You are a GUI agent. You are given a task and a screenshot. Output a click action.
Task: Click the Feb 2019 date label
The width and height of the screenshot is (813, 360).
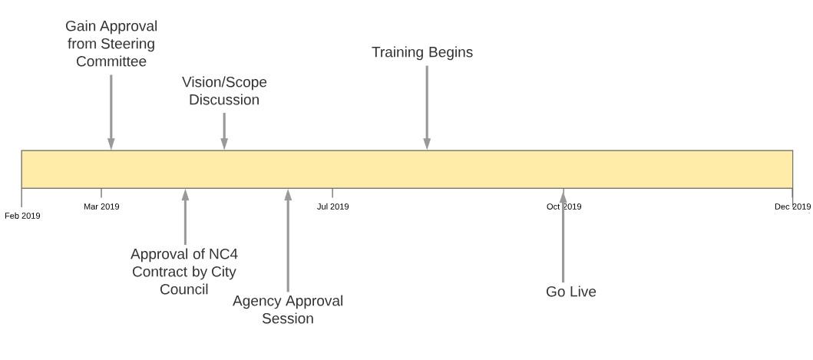coord(22,216)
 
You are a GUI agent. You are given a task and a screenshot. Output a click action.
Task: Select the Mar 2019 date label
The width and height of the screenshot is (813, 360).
coord(101,206)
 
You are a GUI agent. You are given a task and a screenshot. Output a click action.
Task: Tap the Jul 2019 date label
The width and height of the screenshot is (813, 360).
coord(333,206)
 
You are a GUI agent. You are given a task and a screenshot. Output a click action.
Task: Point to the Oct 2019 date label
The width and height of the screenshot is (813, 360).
coord(563,206)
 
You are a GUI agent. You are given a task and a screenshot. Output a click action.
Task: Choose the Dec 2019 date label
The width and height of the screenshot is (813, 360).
coord(793,206)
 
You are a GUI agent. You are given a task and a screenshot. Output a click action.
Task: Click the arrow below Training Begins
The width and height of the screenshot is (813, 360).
coord(427,107)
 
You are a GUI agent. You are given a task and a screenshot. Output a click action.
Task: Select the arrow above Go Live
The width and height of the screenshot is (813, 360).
coord(563,236)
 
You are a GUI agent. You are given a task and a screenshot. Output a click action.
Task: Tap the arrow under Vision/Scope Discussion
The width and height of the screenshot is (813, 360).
coord(224,131)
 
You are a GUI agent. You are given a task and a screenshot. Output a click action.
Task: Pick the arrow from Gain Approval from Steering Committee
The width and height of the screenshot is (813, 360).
coord(111,112)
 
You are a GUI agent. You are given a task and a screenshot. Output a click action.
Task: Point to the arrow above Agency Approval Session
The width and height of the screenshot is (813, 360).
coord(289,241)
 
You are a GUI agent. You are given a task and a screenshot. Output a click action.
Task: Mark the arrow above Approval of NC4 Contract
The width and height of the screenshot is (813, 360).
coord(185,216)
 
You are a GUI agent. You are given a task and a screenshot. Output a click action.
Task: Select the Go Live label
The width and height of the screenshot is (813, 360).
coord(571,292)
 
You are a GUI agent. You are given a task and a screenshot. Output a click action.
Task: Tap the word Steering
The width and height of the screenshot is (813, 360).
coord(131,44)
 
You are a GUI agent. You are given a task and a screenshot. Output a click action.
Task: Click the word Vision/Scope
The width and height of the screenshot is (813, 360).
coord(224,82)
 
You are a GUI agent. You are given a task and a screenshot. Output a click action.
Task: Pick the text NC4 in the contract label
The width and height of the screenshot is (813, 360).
coord(223,254)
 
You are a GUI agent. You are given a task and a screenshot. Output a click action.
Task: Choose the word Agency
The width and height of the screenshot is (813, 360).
coord(257,302)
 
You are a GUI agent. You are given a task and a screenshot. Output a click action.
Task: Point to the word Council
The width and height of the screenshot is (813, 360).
coord(184,289)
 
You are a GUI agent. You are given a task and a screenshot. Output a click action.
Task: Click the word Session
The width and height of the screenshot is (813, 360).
coord(288,318)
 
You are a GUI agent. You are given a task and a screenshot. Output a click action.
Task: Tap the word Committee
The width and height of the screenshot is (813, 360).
coord(111,61)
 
